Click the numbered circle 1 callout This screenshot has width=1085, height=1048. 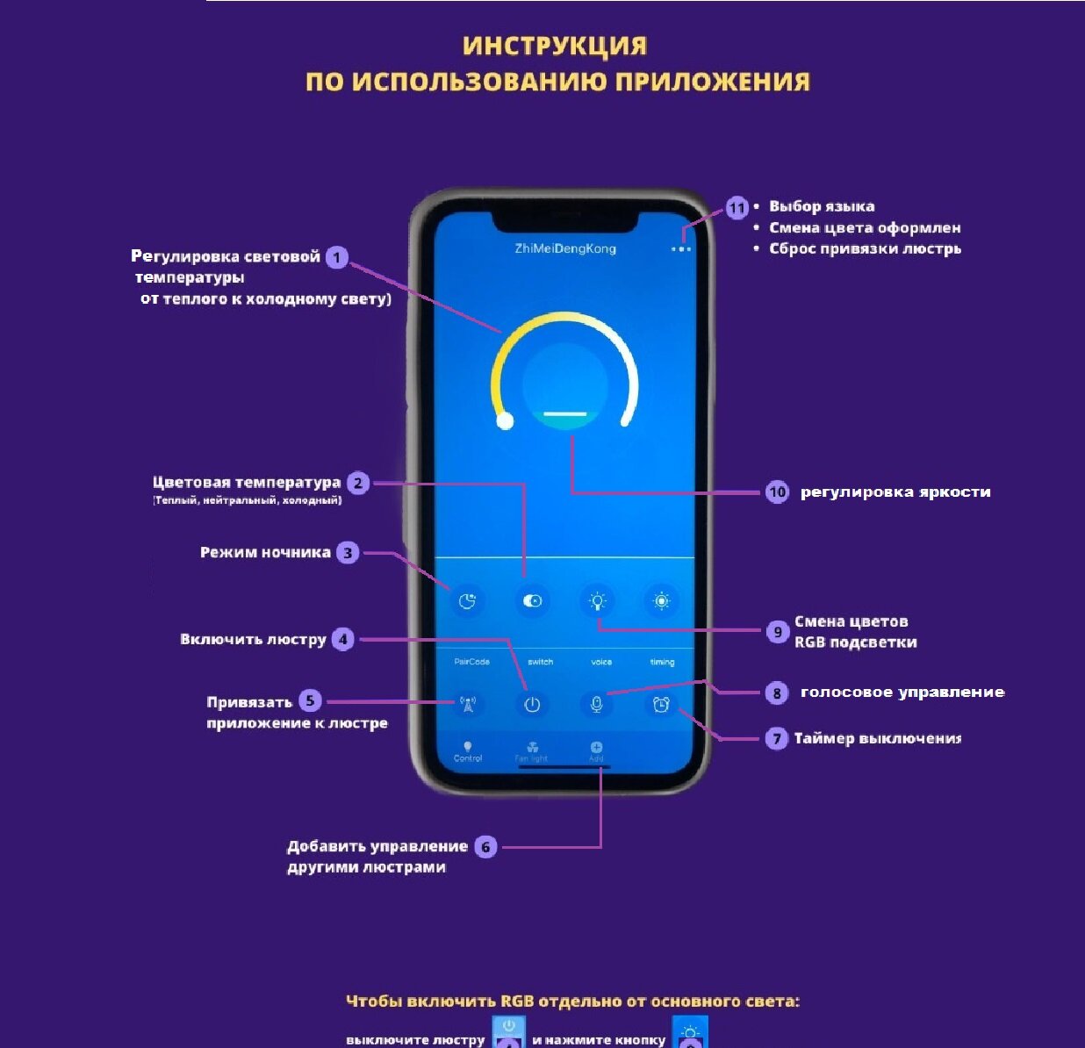337,257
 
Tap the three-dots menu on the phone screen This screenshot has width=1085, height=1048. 681,249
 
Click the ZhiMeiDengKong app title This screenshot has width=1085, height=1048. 565,248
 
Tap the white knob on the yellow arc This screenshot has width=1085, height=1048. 505,421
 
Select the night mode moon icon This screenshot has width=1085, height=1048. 467,601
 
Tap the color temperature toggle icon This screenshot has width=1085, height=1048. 532,601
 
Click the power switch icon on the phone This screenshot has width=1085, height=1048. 532,704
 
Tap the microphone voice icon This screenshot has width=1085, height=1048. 597,704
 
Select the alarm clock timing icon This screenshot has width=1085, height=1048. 661,704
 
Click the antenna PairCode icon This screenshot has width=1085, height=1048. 468,704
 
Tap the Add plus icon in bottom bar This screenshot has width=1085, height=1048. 597,748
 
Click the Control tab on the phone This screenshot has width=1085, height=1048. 468,751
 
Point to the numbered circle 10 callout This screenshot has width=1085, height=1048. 777,492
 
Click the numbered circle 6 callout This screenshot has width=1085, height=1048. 485,847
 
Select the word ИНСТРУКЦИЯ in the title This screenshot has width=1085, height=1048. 555,46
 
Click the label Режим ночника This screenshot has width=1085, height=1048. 265,553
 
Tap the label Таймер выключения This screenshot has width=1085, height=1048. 877,739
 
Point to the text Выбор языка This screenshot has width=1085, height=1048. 822,207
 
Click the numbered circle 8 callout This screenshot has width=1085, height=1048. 777,693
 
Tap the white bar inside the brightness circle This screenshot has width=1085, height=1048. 564,413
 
